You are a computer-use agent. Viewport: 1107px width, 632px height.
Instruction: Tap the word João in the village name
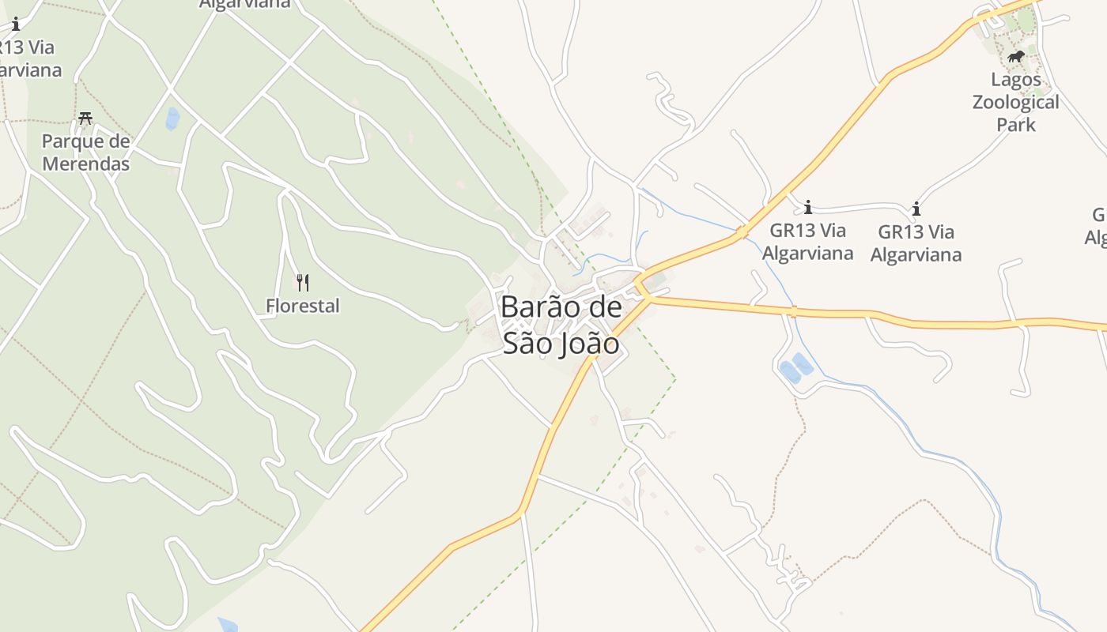coord(588,344)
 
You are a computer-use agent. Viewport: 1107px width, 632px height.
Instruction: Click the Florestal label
coord(303,306)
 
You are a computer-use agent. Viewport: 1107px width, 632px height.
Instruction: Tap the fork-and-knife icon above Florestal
coord(302,282)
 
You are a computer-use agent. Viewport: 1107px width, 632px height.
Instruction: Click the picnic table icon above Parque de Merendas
coord(85,118)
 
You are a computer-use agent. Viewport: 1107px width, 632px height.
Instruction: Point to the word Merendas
coord(85,164)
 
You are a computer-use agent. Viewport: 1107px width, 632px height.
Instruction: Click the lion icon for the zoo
coord(1016,56)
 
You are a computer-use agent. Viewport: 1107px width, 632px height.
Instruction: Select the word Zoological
coord(1015,103)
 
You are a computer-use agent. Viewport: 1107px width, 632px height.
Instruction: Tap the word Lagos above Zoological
coord(1016,81)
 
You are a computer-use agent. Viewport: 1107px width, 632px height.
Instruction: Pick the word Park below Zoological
coord(1015,125)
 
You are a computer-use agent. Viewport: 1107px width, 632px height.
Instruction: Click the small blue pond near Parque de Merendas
coord(172,118)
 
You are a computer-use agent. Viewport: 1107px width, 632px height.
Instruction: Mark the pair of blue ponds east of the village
coord(796,367)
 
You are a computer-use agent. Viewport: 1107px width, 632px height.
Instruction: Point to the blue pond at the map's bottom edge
coord(228,625)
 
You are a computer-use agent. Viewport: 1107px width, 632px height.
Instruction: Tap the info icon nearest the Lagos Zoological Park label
coord(916,209)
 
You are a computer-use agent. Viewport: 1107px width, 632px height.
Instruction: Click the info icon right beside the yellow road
coord(807,208)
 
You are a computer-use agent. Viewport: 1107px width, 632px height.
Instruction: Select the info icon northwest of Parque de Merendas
coord(15,24)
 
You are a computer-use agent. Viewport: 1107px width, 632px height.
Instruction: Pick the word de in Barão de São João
coord(602,307)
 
